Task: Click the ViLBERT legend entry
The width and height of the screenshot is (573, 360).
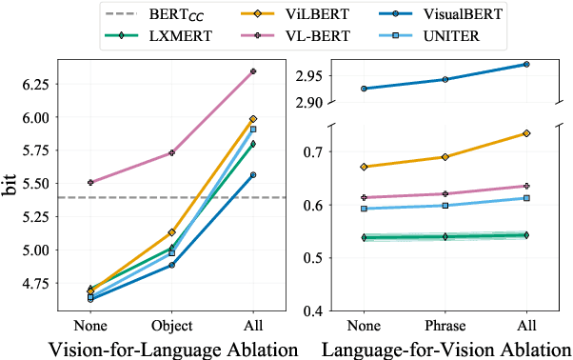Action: [x=282, y=14]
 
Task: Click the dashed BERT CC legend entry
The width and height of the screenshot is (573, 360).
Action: [x=162, y=14]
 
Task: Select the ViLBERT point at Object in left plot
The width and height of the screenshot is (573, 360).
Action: [x=171, y=232]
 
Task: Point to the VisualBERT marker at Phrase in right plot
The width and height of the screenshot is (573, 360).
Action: [x=445, y=79]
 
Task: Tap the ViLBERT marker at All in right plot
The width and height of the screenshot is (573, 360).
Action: [x=526, y=133]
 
